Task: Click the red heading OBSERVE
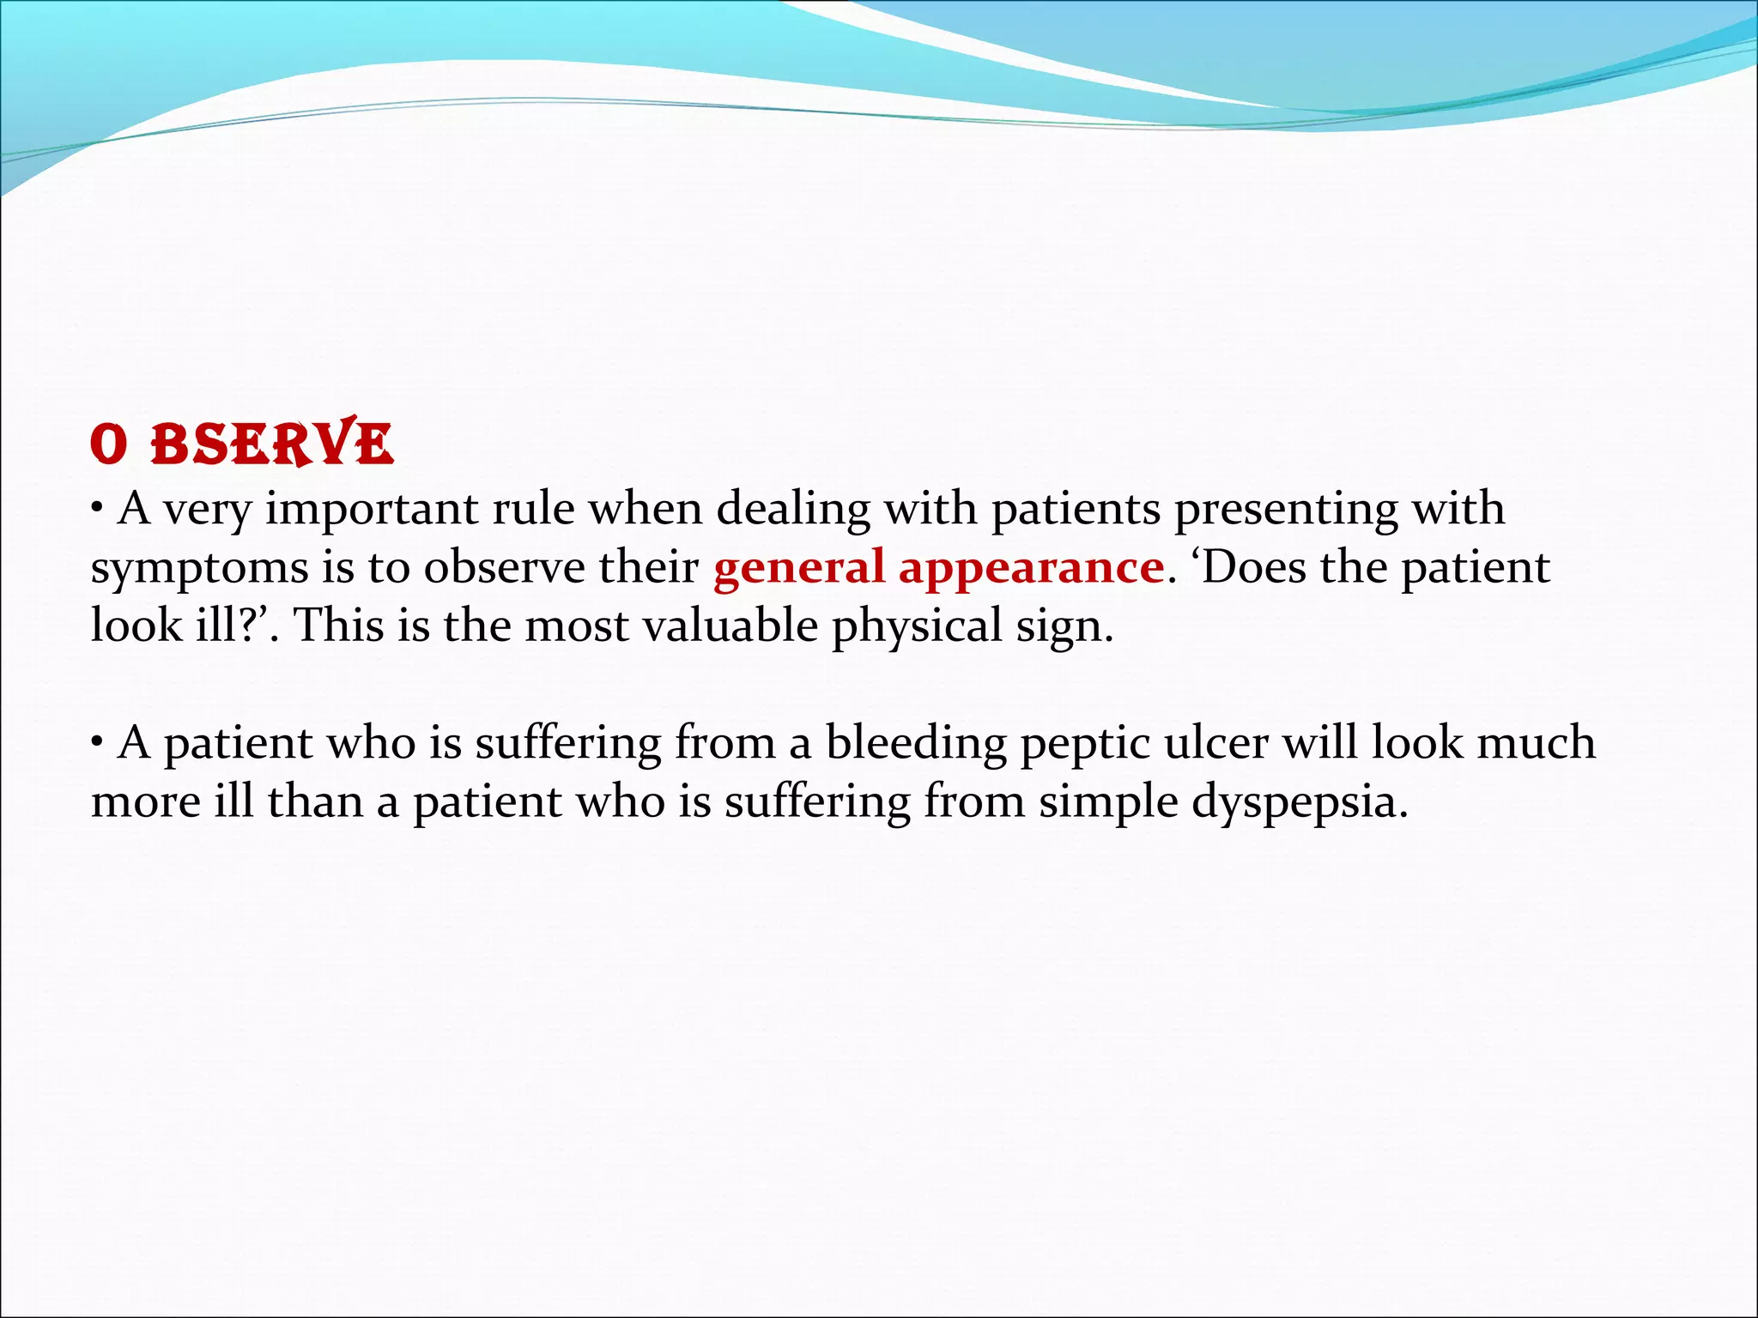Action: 242,444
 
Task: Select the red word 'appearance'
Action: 1030,568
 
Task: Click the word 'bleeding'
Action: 916,744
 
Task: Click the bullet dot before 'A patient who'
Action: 99,742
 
